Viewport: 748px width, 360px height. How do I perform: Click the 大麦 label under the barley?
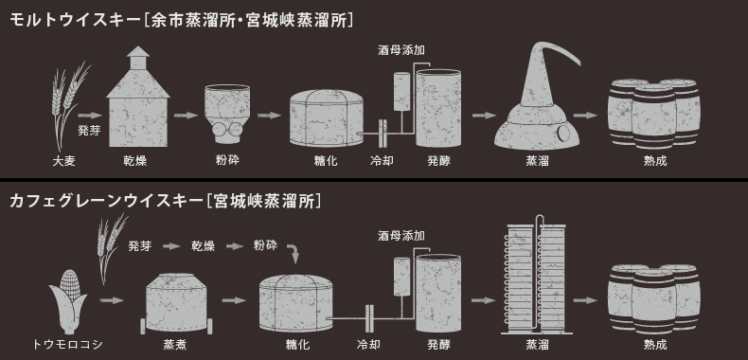(64, 161)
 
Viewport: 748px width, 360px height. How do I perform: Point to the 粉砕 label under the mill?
(227, 160)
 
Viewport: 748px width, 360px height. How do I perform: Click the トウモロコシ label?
(68, 344)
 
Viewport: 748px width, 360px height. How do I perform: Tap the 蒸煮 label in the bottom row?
(175, 344)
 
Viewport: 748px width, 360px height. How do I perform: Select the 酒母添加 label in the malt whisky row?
(401, 50)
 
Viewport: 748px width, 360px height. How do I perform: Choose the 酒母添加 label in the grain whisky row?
(401, 235)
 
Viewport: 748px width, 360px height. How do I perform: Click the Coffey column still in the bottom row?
(535, 277)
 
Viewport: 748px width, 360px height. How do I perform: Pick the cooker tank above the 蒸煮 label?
(176, 303)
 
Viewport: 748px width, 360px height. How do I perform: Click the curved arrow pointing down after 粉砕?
(294, 253)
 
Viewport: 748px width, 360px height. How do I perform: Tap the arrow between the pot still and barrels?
(585, 115)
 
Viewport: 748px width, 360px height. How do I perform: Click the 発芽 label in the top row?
(89, 131)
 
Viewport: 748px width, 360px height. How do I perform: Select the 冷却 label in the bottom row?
(368, 344)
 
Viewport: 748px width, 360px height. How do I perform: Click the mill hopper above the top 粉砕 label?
(227, 114)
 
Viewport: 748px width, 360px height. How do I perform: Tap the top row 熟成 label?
(655, 161)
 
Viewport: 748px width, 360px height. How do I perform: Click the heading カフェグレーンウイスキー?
(106, 201)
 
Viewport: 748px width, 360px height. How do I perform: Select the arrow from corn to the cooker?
(112, 300)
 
